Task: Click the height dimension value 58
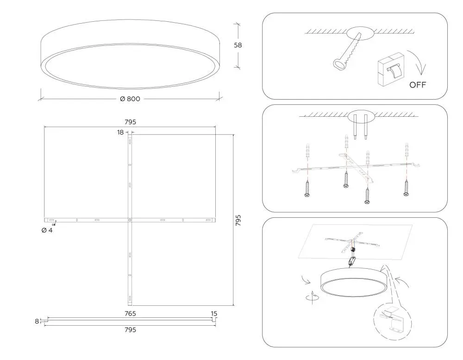point(238,45)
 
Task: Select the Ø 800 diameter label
point(130,99)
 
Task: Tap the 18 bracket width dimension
point(120,133)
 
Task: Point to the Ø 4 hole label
point(47,230)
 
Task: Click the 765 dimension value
point(130,314)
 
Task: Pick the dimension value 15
point(214,314)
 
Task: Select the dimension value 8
point(37,321)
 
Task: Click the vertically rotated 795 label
point(238,220)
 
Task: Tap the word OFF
point(418,85)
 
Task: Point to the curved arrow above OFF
point(419,62)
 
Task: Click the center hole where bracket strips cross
point(130,220)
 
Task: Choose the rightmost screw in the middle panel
point(407,187)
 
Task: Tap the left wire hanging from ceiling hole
point(355,126)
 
